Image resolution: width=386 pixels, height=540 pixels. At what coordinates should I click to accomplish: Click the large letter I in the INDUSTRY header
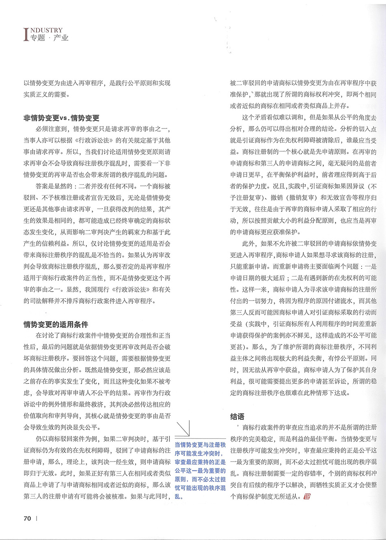coord(27,34)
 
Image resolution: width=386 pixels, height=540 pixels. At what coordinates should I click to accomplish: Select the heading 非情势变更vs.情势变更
coord(61,118)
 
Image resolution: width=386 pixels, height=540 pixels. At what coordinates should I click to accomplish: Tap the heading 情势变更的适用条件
coord(56,324)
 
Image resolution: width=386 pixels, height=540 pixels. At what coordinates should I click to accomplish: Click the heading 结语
coord(237,416)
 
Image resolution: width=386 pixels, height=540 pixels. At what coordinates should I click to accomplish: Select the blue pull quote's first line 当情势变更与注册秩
coord(200,445)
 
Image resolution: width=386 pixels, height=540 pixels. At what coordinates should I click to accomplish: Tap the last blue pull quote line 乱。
coord(179,496)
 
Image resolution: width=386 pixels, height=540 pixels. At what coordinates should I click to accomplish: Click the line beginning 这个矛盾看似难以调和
coord(309,118)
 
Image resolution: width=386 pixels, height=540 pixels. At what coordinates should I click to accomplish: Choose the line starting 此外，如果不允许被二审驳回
coord(309,244)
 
